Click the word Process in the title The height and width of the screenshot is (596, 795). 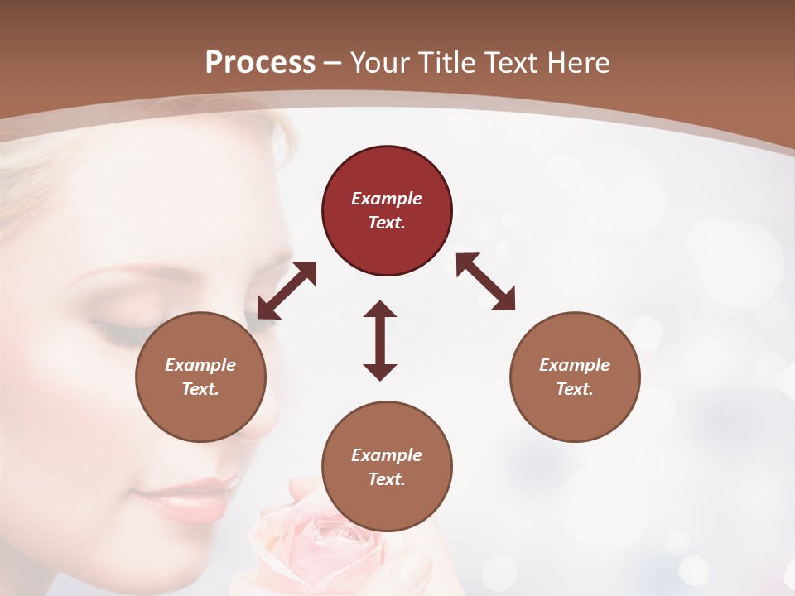pyautogui.click(x=260, y=63)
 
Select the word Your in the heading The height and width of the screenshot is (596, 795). pyautogui.click(x=381, y=63)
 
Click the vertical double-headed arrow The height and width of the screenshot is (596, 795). pyautogui.click(x=380, y=340)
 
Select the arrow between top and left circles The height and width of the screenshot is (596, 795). pyautogui.click(x=287, y=291)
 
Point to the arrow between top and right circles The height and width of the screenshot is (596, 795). pyautogui.click(x=485, y=281)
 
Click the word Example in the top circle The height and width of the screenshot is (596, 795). pyautogui.click(x=387, y=199)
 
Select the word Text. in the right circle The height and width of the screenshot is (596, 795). pyautogui.click(x=575, y=389)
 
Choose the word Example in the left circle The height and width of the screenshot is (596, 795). pyautogui.click(x=200, y=365)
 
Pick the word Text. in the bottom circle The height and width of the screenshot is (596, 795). pyautogui.click(x=387, y=479)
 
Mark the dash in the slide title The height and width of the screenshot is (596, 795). pyautogui.click(x=333, y=63)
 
